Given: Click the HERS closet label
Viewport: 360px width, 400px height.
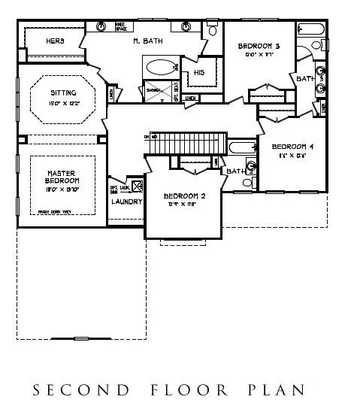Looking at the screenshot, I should pos(55,40).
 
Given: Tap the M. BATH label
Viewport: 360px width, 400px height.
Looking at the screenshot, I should pos(147,40).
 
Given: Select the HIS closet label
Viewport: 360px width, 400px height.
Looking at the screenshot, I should pos(198,72).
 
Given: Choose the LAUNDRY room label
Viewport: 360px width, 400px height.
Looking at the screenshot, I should pos(126,202).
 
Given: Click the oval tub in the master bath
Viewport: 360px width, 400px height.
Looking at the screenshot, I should pos(158,67).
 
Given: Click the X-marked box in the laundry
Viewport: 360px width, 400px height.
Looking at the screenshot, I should pos(137,186).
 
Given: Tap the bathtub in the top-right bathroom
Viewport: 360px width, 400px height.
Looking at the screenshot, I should pos(310,30).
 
